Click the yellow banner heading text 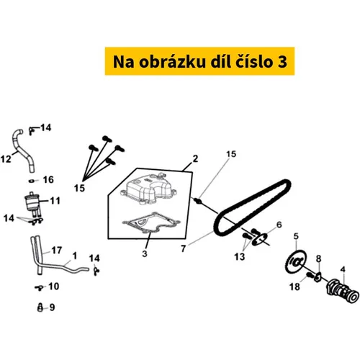coord(199,62)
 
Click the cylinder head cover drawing coord(148,189)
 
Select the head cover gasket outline coord(150,222)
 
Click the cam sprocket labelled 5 coord(297,261)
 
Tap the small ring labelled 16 coord(32,181)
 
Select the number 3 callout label coord(145,253)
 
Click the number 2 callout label coord(195,158)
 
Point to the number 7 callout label coord(184,248)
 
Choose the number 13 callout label coord(239,256)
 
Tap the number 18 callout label coord(294,287)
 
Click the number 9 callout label coord(52,307)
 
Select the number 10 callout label coord(53,286)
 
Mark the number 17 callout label coord(57,251)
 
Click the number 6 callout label coord(279,225)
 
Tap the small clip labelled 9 coord(40,307)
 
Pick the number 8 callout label coord(318,258)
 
